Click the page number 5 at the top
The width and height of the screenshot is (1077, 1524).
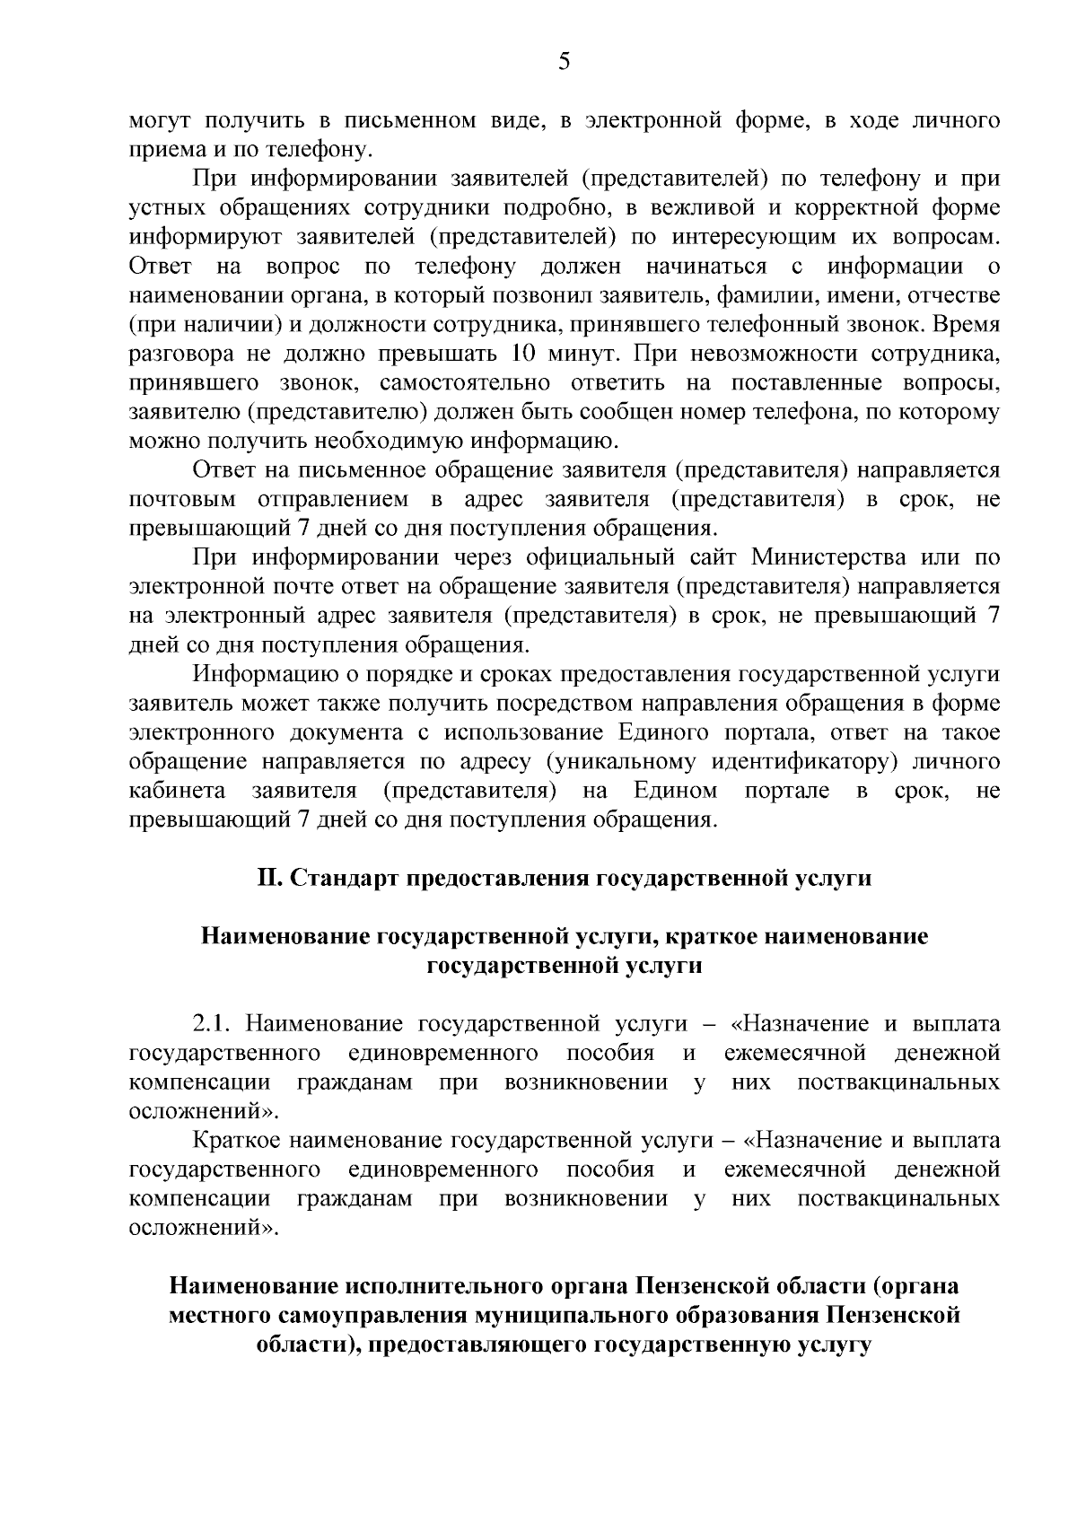click(564, 61)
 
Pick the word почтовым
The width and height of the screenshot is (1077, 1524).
click(183, 499)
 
